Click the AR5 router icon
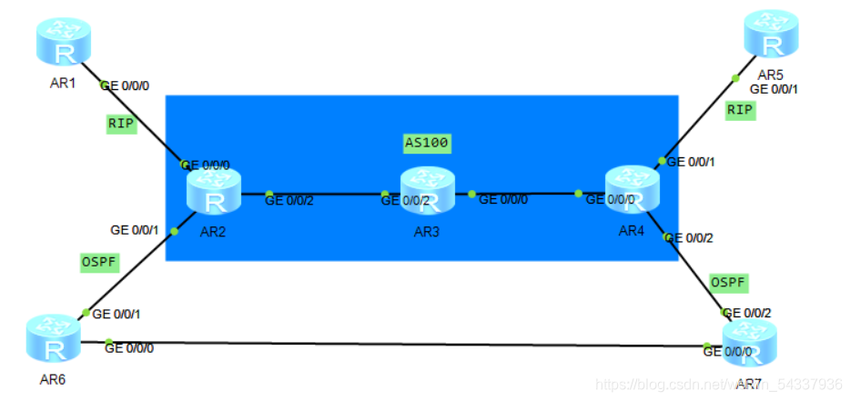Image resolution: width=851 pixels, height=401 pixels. [x=771, y=35]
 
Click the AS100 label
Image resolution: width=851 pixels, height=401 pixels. [x=427, y=143]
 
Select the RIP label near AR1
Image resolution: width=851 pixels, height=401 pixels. [x=121, y=125]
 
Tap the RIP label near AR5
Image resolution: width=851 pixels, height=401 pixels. [x=740, y=110]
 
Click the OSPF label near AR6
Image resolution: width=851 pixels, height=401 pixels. [x=99, y=262]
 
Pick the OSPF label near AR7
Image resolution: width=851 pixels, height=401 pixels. [x=728, y=283]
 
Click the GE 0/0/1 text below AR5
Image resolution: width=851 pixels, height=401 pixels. [x=774, y=89]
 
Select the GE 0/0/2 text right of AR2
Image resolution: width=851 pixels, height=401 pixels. [x=289, y=201]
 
